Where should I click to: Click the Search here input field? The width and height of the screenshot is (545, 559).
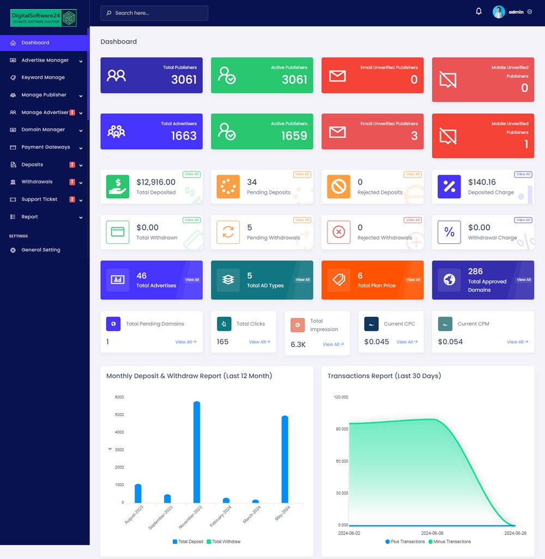point(154,13)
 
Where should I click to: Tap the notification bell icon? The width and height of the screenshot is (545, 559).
point(479,11)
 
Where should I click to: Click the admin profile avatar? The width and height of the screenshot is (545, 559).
point(499,12)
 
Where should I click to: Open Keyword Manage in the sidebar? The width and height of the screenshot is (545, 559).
point(43,77)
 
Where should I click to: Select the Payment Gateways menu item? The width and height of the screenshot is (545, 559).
point(46,147)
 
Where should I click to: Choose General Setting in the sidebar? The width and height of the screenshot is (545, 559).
point(41,250)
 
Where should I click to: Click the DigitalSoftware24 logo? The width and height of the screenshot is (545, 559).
point(44,18)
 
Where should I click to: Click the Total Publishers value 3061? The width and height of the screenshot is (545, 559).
point(184,79)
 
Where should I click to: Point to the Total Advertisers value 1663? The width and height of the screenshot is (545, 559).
point(184,136)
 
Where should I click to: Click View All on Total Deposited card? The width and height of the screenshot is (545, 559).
point(191,174)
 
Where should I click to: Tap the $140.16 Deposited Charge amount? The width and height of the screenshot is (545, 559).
point(482,182)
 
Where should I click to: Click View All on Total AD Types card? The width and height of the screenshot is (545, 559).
point(302,280)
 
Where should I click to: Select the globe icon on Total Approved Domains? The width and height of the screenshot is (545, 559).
point(449,280)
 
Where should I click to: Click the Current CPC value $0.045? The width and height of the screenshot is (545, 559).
point(377,342)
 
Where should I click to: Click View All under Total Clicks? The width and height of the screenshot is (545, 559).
point(259,342)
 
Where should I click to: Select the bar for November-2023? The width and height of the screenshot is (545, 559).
point(197,452)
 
